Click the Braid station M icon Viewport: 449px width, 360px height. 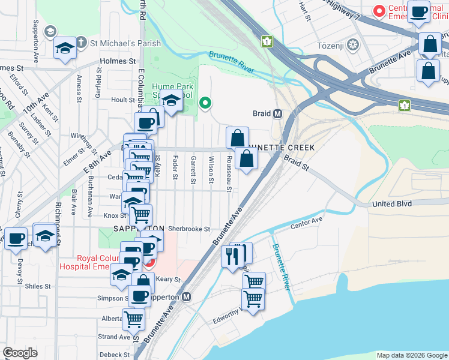click(278, 113)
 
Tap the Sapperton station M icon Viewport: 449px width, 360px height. click(187, 296)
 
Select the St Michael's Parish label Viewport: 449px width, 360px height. click(125, 43)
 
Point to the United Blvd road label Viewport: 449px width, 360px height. click(391, 204)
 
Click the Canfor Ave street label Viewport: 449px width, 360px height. click(307, 224)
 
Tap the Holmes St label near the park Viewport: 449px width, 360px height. click(118, 61)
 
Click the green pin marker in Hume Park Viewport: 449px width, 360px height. click(205, 103)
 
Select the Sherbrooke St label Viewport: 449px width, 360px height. click(188, 229)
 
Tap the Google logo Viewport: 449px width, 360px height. click(20, 353)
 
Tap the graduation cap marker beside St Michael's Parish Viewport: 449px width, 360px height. click(64, 48)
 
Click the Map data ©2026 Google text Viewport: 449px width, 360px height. click(411, 355)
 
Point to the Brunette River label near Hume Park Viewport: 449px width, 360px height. click(231, 62)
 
